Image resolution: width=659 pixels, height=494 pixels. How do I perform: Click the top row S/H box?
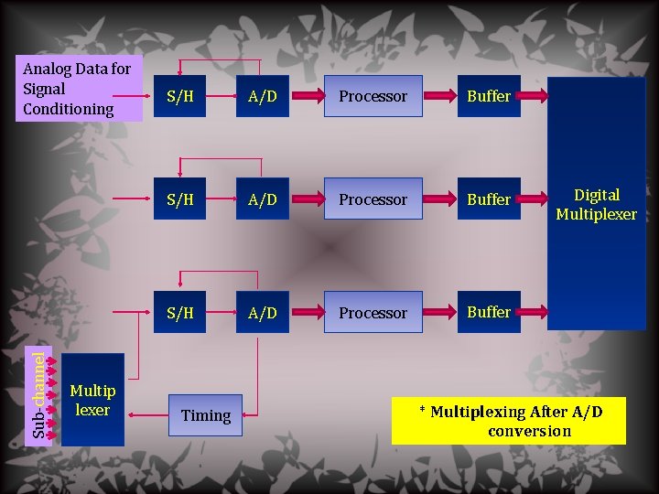(179, 96)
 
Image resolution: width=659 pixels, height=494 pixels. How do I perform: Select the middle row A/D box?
(262, 199)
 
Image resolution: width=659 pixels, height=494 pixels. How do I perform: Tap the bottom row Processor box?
(373, 313)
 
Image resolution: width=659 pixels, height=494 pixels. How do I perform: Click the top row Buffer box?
(489, 96)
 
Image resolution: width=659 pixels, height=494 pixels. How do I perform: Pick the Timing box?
(206, 415)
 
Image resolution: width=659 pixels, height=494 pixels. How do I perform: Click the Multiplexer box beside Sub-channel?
(92, 401)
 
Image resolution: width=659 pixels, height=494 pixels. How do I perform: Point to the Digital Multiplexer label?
(596, 204)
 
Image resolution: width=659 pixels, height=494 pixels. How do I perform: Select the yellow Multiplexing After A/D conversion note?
(509, 421)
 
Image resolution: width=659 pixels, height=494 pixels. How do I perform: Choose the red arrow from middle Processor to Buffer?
(441, 199)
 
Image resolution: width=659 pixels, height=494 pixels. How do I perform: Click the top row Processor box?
(373, 96)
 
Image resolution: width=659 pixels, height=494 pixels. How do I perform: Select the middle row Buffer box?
(489, 199)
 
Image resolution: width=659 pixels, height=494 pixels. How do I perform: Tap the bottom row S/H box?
(179, 313)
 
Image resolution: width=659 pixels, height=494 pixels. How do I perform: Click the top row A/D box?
(262, 96)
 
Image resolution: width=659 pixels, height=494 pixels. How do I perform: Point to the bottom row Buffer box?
(489, 312)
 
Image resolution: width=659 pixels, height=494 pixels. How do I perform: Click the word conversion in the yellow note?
(529, 431)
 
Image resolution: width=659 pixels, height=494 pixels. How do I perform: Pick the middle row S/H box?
(179, 199)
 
